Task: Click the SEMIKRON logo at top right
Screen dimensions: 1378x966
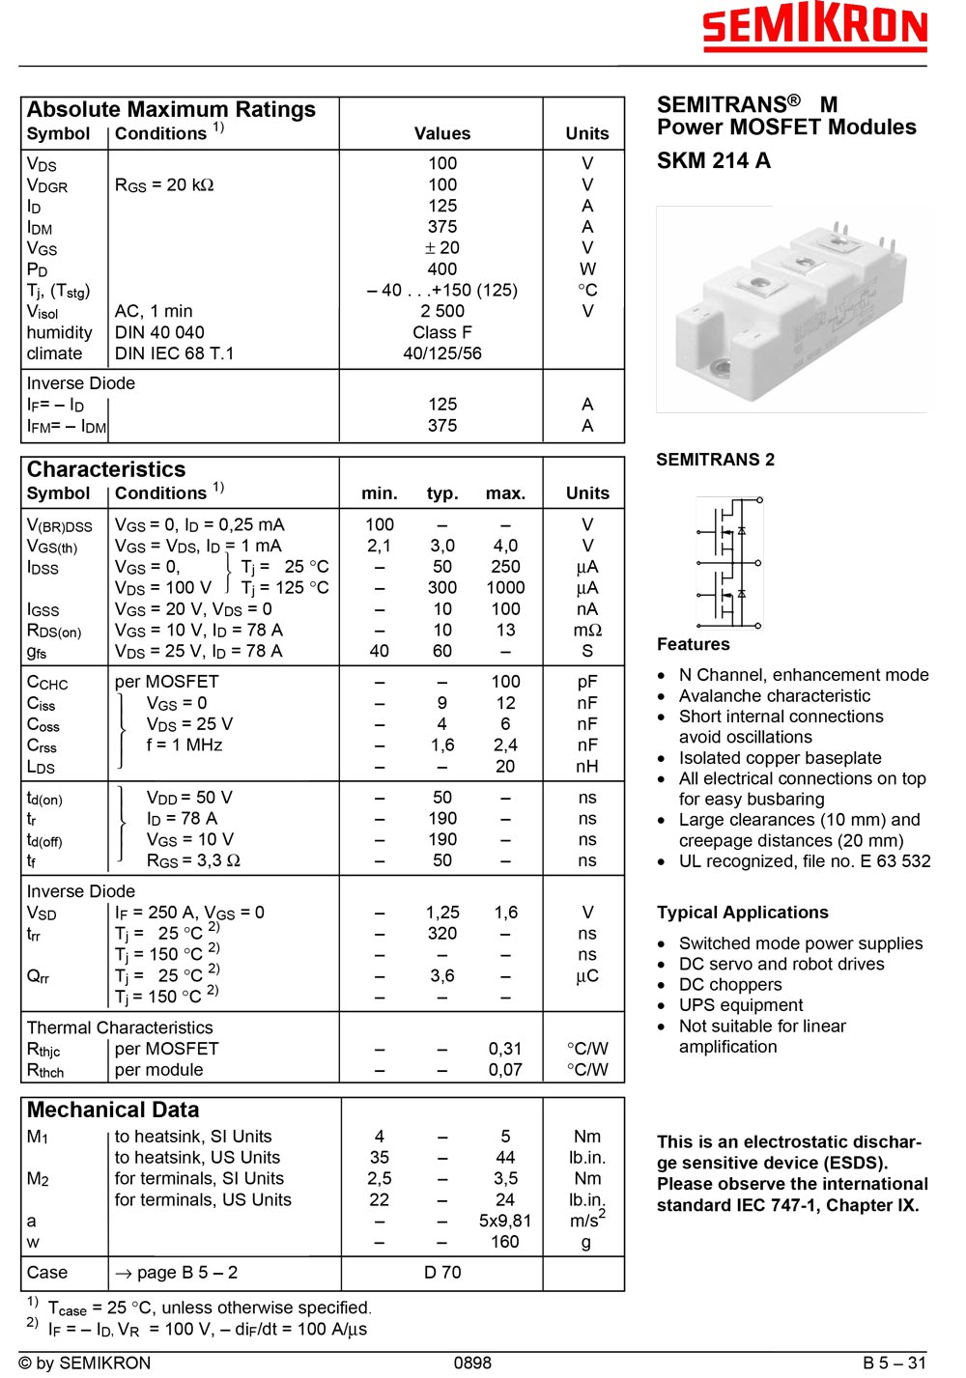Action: coord(814,28)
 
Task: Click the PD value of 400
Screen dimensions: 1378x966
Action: coord(442,269)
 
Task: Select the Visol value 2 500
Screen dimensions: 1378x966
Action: coord(442,311)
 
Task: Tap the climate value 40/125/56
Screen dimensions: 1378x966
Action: coord(442,353)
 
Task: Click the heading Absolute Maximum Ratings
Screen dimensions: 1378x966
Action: coord(171,110)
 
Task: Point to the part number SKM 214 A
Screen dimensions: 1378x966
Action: coord(714,161)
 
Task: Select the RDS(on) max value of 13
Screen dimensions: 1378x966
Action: coord(505,631)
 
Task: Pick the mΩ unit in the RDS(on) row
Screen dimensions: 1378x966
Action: coord(587,631)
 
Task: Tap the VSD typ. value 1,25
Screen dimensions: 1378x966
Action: coord(442,913)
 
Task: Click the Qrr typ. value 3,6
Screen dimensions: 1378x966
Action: coord(442,976)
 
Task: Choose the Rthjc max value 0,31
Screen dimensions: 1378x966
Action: coord(505,1049)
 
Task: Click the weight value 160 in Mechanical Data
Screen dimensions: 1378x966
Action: coord(505,1242)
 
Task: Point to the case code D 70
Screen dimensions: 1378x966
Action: coord(442,1273)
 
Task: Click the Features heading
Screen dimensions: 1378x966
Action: coord(694,644)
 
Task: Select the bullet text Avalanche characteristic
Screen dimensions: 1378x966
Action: coord(774,696)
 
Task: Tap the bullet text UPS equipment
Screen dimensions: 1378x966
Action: coord(741,1005)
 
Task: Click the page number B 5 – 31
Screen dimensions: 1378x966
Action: coord(895,1364)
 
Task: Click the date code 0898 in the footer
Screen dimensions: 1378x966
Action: coord(472,1364)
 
